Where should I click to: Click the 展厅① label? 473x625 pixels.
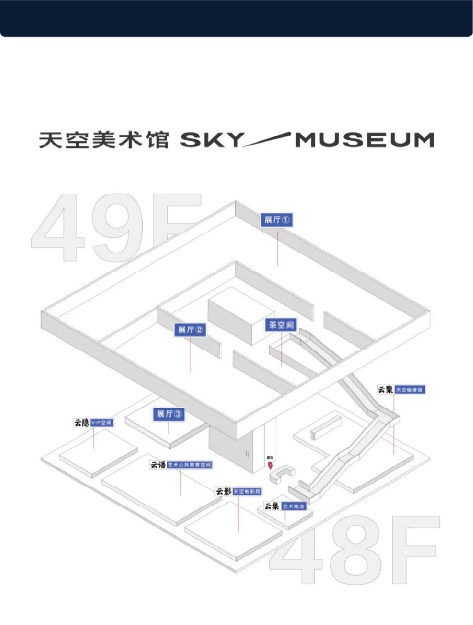(x=277, y=220)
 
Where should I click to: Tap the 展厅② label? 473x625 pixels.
(x=190, y=330)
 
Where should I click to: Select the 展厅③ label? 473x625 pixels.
(x=169, y=414)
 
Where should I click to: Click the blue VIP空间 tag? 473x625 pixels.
(x=101, y=423)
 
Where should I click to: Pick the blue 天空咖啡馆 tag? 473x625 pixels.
(x=410, y=390)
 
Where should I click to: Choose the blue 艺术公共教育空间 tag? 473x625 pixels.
(x=189, y=465)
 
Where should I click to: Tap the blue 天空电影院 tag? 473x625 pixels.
(x=247, y=491)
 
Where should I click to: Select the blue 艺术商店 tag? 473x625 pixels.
(x=294, y=507)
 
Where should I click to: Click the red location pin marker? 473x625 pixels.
(x=270, y=464)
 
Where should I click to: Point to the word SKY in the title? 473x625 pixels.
(x=211, y=140)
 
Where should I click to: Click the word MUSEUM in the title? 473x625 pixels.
(x=365, y=140)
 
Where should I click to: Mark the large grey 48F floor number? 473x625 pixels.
(x=354, y=551)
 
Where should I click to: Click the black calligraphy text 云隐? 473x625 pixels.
(x=82, y=423)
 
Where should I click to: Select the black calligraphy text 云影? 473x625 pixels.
(x=223, y=491)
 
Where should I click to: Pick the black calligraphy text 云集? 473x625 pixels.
(x=272, y=506)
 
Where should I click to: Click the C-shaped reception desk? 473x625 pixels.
(x=281, y=475)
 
